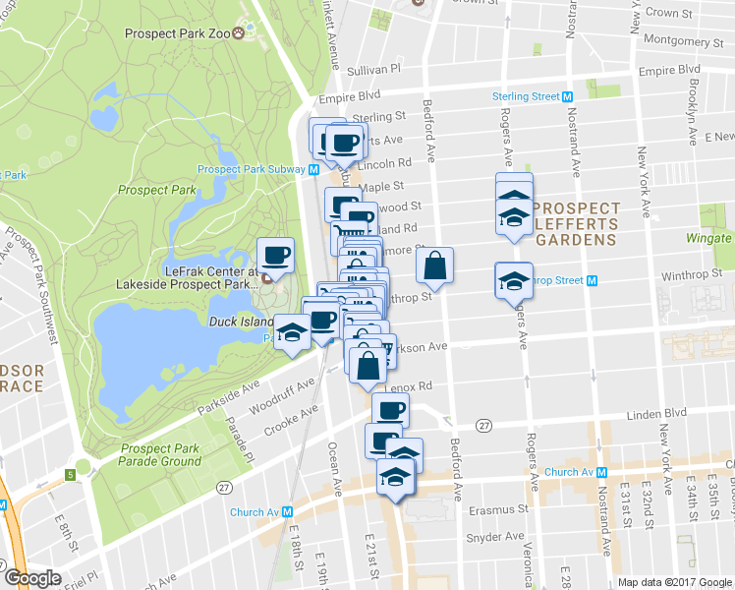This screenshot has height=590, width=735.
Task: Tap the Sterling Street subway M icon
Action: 567,96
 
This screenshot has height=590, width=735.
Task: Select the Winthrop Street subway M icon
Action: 593,280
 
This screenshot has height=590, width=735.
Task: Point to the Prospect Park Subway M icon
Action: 313,169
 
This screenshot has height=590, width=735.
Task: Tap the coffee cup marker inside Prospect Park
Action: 275,257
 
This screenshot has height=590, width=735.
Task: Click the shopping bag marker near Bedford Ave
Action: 434,265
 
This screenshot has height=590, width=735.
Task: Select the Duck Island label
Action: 238,322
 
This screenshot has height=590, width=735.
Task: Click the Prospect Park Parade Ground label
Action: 160,454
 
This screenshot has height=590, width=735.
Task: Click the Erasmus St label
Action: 503,510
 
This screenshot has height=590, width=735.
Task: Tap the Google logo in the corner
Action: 31,578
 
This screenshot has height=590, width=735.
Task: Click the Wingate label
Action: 708,238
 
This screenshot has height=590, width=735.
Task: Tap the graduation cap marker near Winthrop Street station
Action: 513,279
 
